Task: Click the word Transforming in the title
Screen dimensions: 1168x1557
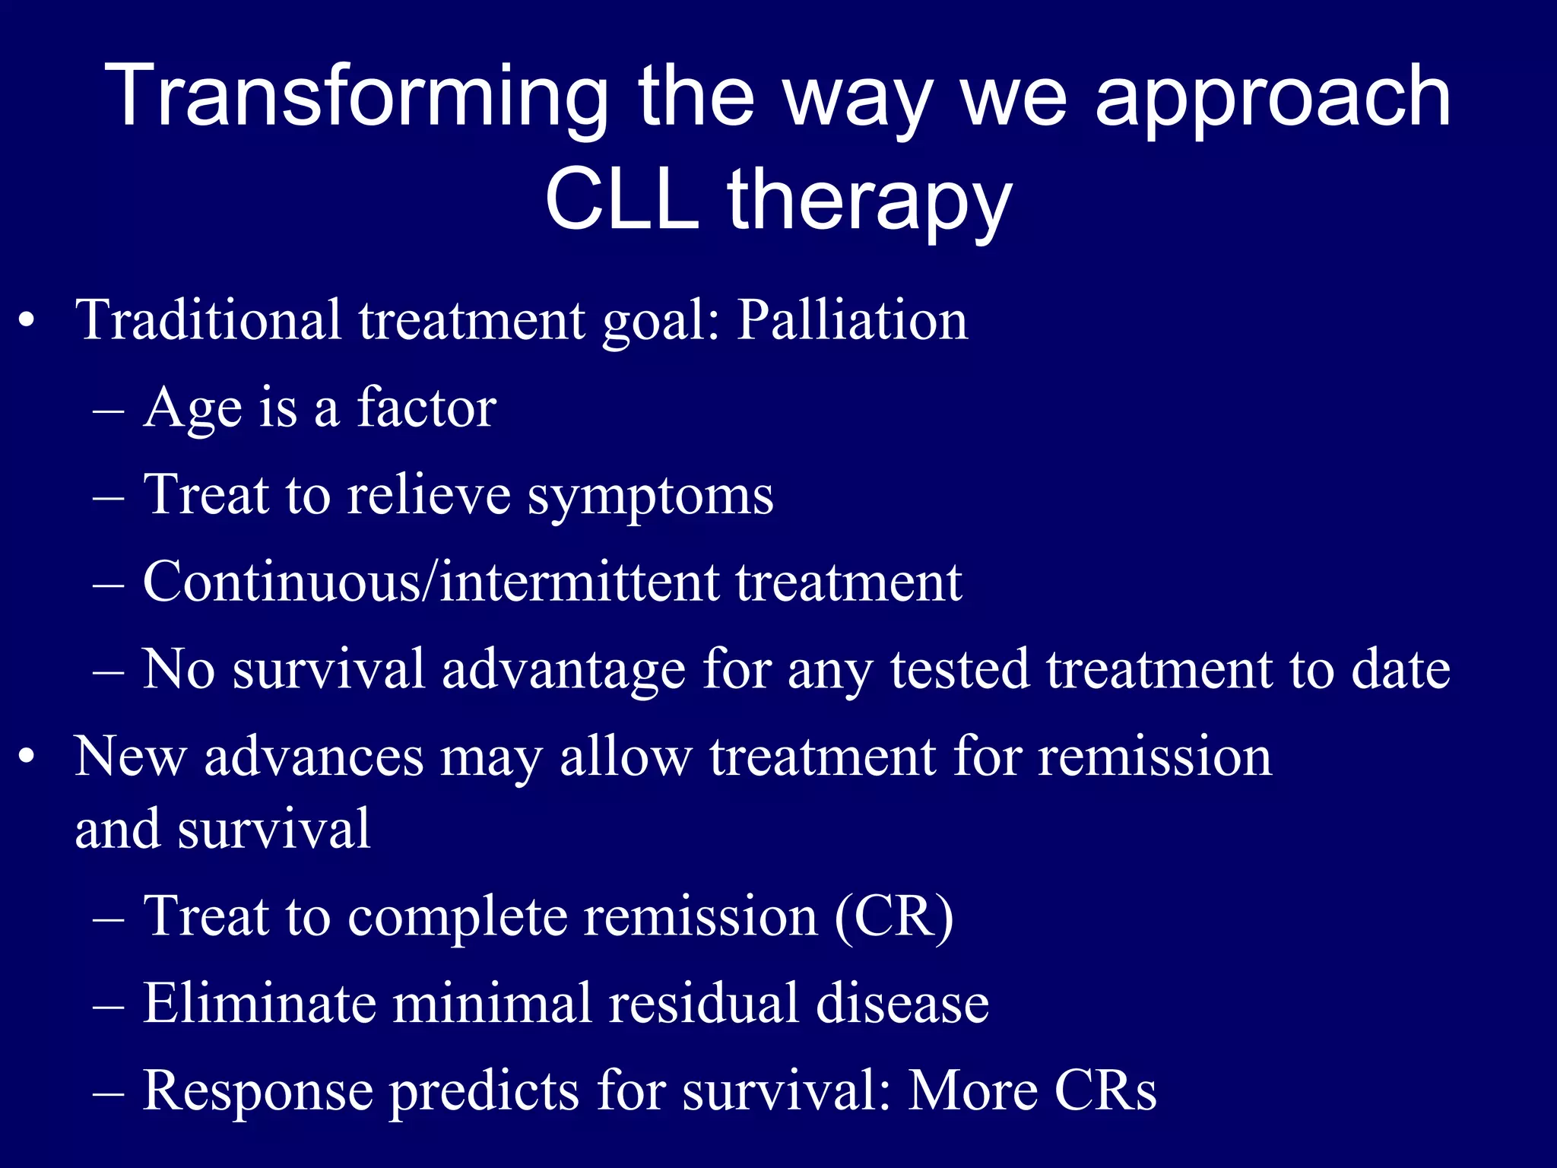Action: click(357, 97)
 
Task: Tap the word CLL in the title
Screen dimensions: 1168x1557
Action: click(621, 200)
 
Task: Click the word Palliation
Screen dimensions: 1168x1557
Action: click(852, 320)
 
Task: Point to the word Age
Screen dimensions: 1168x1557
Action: click(192, 409)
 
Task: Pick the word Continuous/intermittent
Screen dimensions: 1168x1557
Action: click(430, 582)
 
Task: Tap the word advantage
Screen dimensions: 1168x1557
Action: click(563, 670)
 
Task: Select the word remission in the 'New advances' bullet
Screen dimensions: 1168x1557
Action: click(1155, 757)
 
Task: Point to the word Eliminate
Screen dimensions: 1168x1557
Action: click(259, 1003)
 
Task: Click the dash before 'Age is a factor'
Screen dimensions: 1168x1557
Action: click(108, 411)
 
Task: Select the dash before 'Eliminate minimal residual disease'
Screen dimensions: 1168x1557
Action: click(108, 1005)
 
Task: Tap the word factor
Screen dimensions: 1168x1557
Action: click(427, 408)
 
